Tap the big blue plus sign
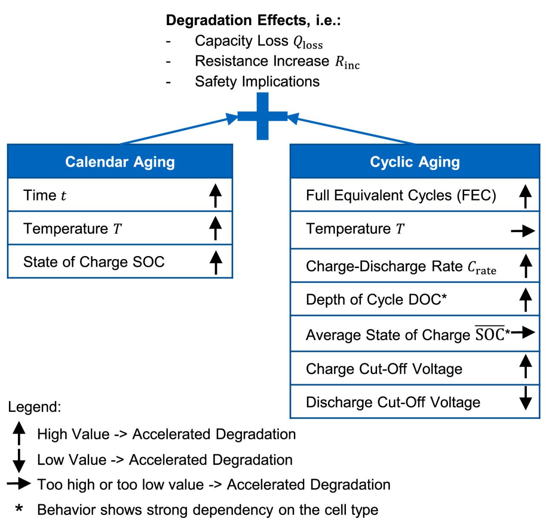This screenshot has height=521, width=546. (262, 116)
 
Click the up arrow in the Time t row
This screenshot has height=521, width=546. (215, 196)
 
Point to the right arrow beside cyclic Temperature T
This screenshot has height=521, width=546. (523, 231)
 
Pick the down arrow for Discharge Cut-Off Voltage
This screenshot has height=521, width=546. (525, 398)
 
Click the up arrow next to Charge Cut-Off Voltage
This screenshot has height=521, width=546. (525, 366)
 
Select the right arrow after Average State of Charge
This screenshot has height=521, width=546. (523, 332)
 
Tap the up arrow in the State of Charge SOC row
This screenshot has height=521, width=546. (216, 262)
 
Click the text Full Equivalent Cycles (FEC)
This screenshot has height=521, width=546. (401, 195)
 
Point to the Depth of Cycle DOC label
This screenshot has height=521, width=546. (376, 299)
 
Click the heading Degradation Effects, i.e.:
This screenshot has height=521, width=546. (253, 20)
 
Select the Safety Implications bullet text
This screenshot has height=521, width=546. (257, 81)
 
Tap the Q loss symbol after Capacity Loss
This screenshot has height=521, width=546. (308, 42)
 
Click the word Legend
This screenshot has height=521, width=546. (35, 406)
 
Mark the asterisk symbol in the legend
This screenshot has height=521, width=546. (19, 507)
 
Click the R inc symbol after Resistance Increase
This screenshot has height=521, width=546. (347, 62)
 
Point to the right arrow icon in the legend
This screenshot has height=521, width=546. (19, 483)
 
